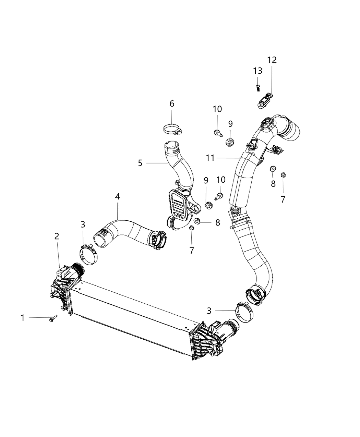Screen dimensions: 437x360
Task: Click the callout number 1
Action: pyautogui.click(x=23, y=318)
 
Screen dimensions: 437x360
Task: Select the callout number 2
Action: pyautogui.click(x=57, y=236)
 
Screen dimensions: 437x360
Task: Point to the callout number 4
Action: pyautogui.click(x=118, y=197)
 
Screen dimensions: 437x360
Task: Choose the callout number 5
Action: pyautogui.click(x=172, y=104)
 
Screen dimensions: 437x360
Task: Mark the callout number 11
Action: pyautogui.click(x=211, y=158)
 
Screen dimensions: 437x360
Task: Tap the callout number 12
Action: pyautogui.click(x=272, y=60)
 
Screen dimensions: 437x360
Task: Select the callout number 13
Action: pyautogui.click(x=258, y=71)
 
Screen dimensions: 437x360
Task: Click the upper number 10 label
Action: pyautogui.click(x=217, y=109)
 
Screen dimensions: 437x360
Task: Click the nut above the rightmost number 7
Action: pyautogui.click(x=283, y=175)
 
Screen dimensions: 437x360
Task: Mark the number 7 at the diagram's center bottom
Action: pyautogui.click(x=192, y=251)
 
